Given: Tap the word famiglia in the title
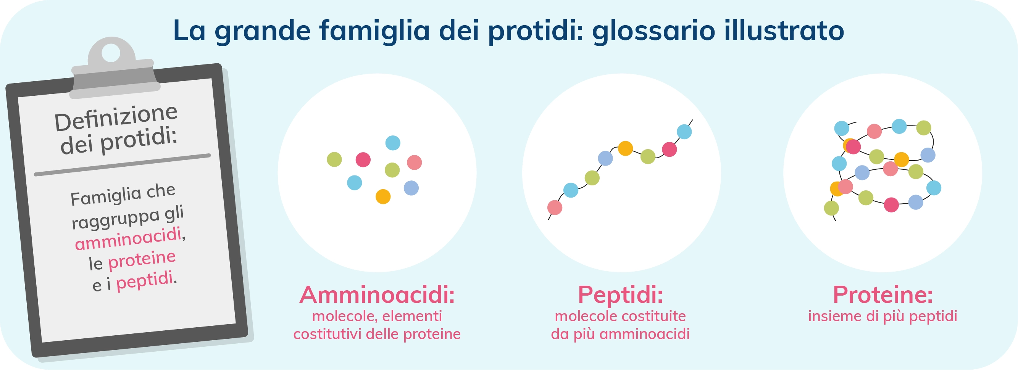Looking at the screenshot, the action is point(374,31).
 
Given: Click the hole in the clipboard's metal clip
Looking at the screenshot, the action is point(111,53).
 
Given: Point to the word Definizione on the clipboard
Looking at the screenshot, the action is point(116,117).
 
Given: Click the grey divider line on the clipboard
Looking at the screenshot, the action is point(122,165).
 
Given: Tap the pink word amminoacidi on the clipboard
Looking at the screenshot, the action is point(128,239).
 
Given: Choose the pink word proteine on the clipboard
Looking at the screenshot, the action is point(142,260).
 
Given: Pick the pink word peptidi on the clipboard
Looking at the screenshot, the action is point(145,281).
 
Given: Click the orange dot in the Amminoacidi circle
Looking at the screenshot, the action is point(383,196).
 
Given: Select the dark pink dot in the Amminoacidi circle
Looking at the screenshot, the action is point(363,160).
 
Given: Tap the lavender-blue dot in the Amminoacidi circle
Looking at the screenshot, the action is point(411,188).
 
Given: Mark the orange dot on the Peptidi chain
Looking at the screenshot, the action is point(625,148).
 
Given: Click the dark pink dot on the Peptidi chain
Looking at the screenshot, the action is point(670,149).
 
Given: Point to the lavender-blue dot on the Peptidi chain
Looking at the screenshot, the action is point(605,158).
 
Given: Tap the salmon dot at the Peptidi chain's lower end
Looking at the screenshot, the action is point(555,207).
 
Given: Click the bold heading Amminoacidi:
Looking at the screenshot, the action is point(377,294).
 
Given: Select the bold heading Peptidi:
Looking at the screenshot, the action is point(620,294).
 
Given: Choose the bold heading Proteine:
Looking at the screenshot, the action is point(883,294).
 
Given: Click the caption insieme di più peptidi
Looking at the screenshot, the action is point(883,316).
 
